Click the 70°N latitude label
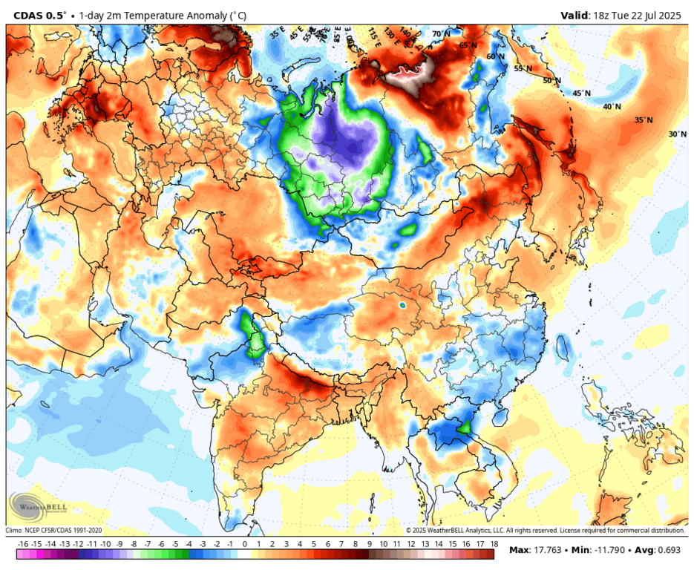click(x=441, y=34)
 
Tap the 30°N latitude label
click(x=677, y=134)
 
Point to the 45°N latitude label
click(x=581, y=94)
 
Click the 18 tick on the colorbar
click(x=494, y=544)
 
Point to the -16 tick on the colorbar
click(x=22, y=544)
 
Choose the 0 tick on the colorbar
click(x=245, y=544)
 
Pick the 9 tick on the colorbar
click(x=369, y=544)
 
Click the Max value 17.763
click(x=548, y=550)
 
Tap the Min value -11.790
click(x=604, y=550)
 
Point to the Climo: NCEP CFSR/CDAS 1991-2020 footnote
click(x=55, y=530)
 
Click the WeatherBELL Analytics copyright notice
click(x=545, y=530)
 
